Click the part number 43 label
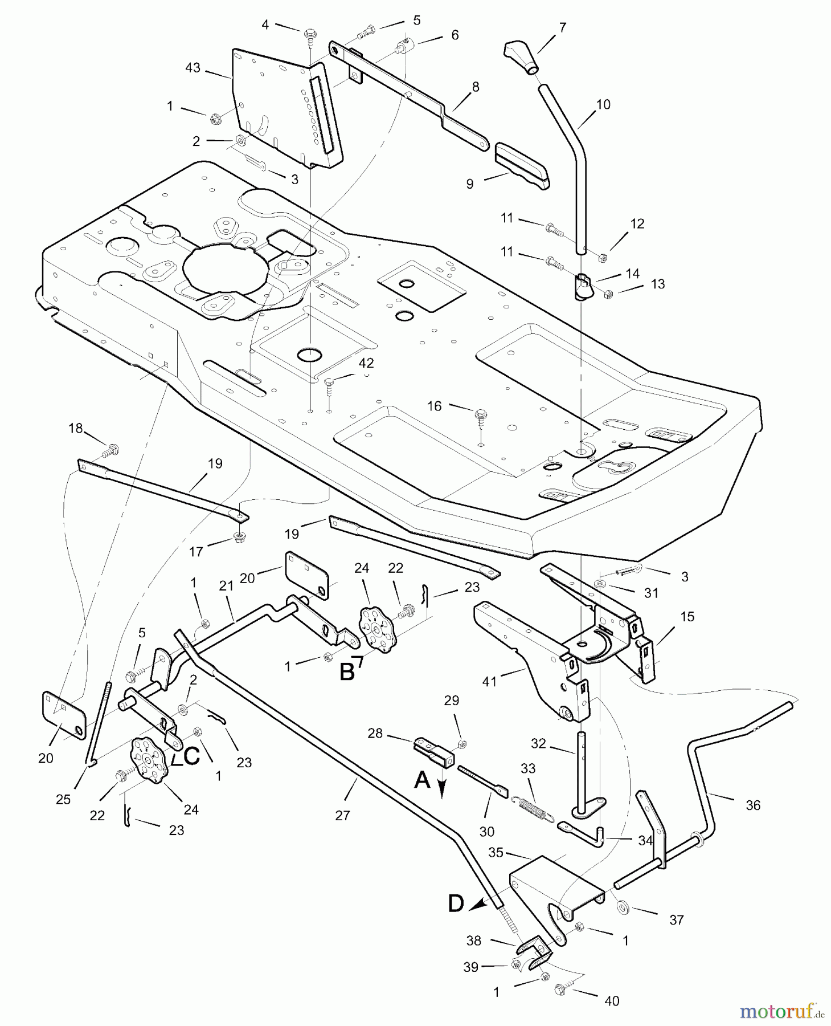(193, 68)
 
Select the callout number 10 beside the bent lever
(603, 104)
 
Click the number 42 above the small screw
(366, 363)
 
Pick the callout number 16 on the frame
(434, 406)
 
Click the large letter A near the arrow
(422, 780)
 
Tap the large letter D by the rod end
(456, 904)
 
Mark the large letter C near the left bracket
(191, 756)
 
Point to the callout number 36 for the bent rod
(753, 805)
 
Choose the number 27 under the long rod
(342, 816)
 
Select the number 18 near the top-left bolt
(76, 428)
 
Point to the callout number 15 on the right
(687, 617)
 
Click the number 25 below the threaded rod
(63, 799)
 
